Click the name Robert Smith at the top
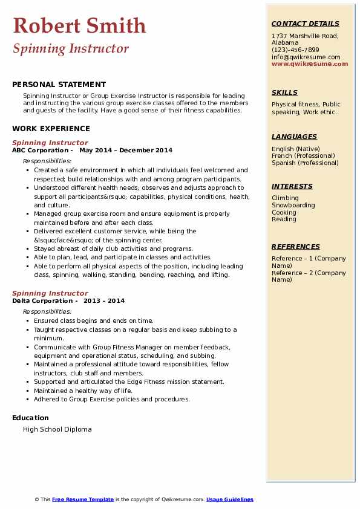[x=79, y=26]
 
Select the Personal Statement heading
[x=59, y=85]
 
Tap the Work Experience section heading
[x=51, y=128]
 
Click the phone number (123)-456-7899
[x=295, y=50]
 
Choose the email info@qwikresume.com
[x=306, y=57]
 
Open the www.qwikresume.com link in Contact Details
[x=310, y=63]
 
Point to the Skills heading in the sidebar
[x=284, y=92]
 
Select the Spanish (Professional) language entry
[x=306, y=163]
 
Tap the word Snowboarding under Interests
[x=293, y=205]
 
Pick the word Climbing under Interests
[x=285, y=198]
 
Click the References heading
[x=296, y=247]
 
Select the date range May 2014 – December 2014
[x=125, y=151]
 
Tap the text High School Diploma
[x=57, y=429]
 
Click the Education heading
[x=30, y=418]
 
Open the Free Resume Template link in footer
[x=83, y=499]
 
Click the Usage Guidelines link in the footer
[x=230, y=499]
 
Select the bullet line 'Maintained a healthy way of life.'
[x=83, y=391]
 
